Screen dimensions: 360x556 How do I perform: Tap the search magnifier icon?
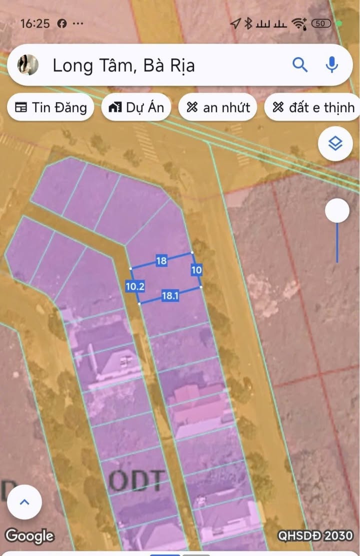300,65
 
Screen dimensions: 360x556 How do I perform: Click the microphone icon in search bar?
331,65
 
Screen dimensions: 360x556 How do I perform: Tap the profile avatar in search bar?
28,65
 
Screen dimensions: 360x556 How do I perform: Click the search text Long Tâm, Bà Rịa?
123,66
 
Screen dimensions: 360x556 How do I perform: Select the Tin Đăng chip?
50,107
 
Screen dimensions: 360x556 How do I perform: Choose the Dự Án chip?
136,107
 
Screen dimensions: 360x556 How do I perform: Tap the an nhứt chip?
218,107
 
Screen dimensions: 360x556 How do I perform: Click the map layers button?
335,144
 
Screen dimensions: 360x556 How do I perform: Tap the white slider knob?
337,211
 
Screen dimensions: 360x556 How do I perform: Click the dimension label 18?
161,261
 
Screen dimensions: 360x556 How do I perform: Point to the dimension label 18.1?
170,296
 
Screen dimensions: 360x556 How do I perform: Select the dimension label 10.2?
135,287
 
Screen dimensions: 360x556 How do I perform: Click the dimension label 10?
196,270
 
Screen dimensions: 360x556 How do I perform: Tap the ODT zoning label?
137,481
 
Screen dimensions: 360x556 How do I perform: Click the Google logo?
29,536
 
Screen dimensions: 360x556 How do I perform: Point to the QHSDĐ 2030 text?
315,535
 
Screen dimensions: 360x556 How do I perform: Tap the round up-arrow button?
24,502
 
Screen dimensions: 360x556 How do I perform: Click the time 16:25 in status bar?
35,24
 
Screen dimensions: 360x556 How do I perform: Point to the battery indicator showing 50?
321,24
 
